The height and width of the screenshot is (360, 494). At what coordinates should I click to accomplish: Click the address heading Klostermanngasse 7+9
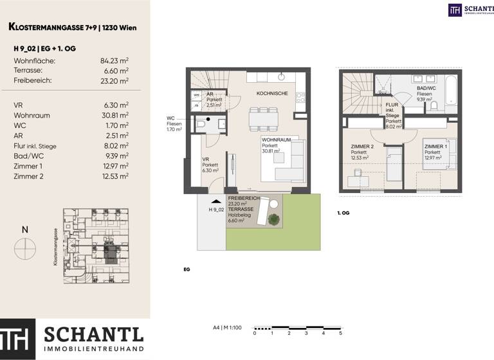pos(72,27)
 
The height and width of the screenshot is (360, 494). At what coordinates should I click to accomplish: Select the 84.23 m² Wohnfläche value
pos(114,60)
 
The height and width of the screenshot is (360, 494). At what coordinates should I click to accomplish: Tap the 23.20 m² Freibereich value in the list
pos(114,80)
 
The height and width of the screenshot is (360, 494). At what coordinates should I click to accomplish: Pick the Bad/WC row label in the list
pos(28,156)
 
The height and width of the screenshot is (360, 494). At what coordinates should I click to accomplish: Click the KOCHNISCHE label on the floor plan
pos(272,94)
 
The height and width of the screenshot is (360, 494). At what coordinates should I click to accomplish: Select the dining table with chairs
pos(263,118)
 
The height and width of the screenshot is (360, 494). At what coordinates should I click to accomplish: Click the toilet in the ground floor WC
pos(201,125)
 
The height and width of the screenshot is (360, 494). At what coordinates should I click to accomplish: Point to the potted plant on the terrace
pos(274,219)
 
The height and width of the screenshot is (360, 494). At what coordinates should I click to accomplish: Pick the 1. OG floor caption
pos(343,212)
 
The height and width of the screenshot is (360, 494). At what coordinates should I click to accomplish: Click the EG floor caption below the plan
pos(187,269)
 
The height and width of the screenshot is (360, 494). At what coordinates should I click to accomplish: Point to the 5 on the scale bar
pos(340,334)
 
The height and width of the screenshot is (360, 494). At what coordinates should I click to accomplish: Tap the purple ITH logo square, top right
pos(455,10)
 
